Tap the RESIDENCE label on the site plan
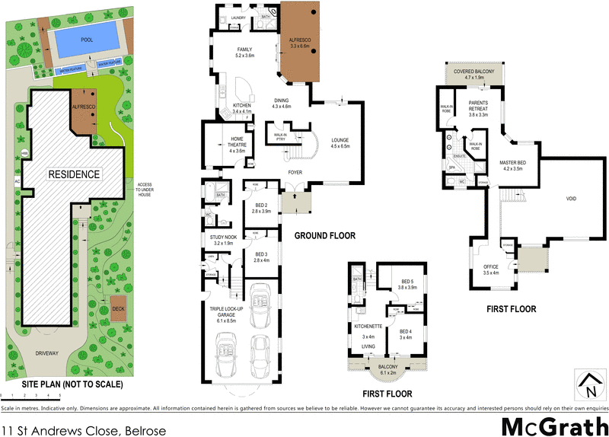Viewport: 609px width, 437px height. point(74,174)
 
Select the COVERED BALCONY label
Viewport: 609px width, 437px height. point(474,74)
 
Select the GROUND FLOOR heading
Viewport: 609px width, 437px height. point(324,236)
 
